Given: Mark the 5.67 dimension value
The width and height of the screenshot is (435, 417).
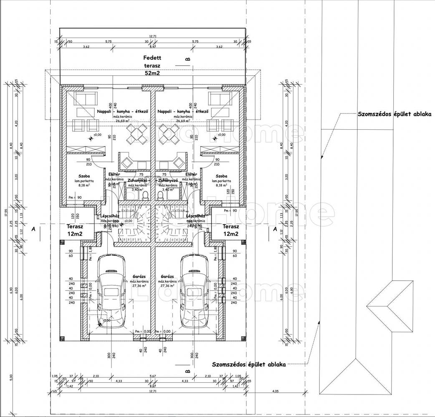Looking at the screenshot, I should [x=153, y=376].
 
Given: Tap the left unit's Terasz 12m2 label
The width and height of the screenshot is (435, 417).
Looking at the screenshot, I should [x=75, y=230].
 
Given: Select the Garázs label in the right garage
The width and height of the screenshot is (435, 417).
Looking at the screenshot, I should [x=167, y=276].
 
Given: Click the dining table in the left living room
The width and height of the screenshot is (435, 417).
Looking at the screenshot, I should [x=137, y=134].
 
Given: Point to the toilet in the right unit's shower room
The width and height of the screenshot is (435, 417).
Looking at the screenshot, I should [x=162, y=196].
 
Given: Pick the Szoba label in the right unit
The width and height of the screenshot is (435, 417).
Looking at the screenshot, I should [x=222, y=176].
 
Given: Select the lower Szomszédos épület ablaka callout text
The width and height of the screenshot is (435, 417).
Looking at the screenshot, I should [x=249, y=364].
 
